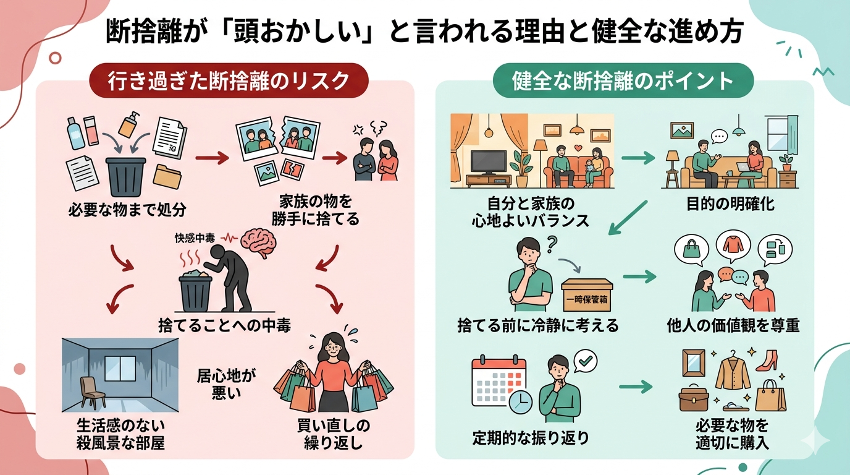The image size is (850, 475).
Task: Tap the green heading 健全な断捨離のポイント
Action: pos(623,80)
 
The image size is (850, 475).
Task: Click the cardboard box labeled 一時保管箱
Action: pos(587,296)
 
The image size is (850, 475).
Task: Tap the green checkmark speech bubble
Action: pos(584,361)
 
